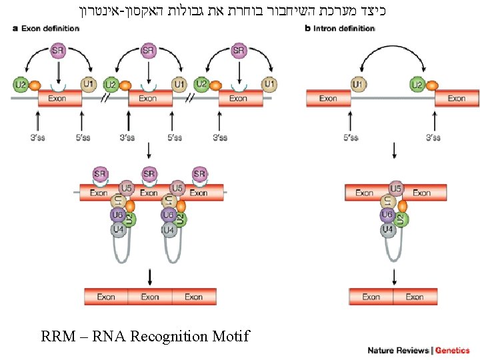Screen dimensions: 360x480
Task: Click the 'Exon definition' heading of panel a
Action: point(50,29)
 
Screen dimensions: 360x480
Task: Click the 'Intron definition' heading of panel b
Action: point(343,29)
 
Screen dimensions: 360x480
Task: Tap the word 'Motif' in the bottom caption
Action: point(229,336)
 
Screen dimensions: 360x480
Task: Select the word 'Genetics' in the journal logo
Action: point(453,351)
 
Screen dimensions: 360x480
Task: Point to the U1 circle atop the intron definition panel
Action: point(358,85)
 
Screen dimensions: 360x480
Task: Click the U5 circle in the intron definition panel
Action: point(396,189)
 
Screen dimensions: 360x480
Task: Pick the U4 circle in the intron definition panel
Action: point(387,229)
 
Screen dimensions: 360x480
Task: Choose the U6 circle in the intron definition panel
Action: point(387,215)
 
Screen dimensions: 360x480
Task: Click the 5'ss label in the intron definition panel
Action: point(351,138)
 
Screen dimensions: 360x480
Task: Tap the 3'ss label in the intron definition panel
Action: point(433,138)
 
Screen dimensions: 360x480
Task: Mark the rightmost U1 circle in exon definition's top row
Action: point(269,85)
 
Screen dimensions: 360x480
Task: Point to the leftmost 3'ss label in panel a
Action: point(38,138)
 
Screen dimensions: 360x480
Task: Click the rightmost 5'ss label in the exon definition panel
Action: point(174,138)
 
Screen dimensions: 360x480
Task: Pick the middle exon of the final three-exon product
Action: point(150,297)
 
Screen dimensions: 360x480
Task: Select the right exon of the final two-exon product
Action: point(415,297)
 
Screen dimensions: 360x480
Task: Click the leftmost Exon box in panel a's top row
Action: point(59,99)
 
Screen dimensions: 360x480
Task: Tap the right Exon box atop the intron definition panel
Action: point(457,99)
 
